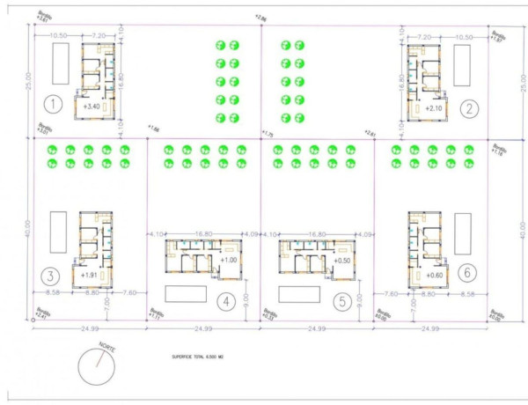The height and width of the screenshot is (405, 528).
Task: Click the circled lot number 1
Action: (54, 106)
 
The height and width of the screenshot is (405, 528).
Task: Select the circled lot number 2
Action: (472, 108)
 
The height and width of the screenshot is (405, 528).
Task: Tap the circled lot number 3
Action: (54, 274)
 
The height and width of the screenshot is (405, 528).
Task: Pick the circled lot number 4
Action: (226, 302)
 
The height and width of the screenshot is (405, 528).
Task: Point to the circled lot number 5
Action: (342, 302)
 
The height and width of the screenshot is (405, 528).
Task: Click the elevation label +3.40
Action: (92, 107)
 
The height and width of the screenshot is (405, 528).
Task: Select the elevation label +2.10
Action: (433, 108)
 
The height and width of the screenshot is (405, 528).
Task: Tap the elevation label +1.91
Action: (88, 276)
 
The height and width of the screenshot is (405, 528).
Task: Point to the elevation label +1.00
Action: (229, 261)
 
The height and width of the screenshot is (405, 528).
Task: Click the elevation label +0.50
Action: (342, 261)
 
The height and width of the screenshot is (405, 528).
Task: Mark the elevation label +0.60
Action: (433, 276)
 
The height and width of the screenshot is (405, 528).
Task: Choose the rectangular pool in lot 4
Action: (184, 293)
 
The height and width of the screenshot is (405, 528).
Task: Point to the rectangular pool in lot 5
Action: (299, 293)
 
